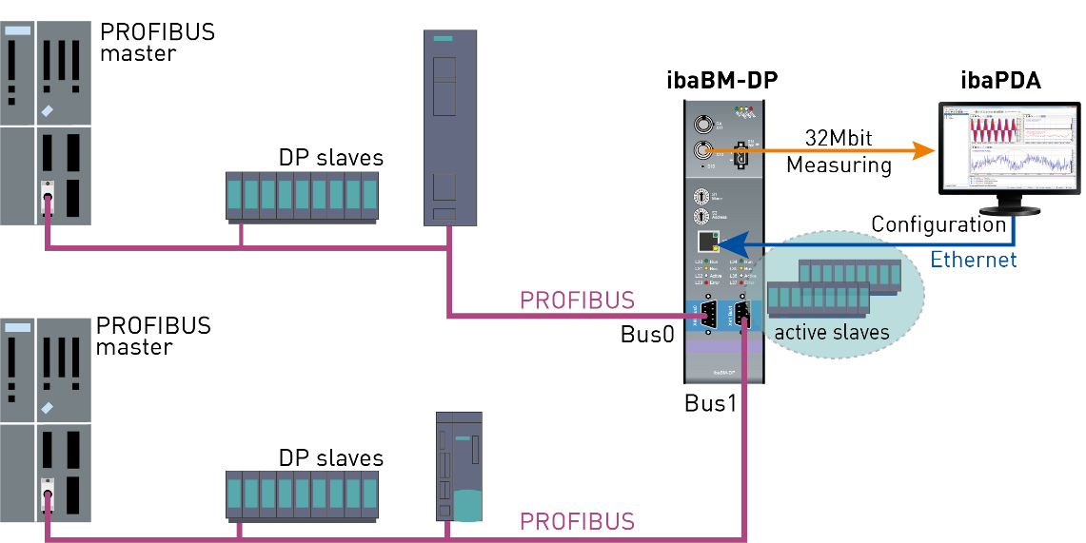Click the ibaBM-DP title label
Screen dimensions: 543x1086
tap(721, 81)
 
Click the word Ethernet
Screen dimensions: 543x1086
tap(973, 260)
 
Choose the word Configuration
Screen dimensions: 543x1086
tap(938, 225)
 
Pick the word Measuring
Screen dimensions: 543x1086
tap(839, 165)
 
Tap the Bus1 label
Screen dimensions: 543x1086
tap(711, 402)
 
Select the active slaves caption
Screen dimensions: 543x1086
tap(831, 332)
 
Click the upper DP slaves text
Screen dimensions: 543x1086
tap(330, 157)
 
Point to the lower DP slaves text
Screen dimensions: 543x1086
tap(330, 457)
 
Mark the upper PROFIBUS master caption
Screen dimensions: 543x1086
tap(157, 42)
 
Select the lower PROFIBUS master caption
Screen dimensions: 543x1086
tap(153, 336)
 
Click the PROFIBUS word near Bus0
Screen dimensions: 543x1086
tap(577, 301)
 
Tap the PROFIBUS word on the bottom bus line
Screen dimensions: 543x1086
tap(577, 521)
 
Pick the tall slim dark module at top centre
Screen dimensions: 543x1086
tap(450, 128)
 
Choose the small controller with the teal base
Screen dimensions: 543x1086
tap(459, 466)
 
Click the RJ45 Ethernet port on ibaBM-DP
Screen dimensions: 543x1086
tap(706, 242)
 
